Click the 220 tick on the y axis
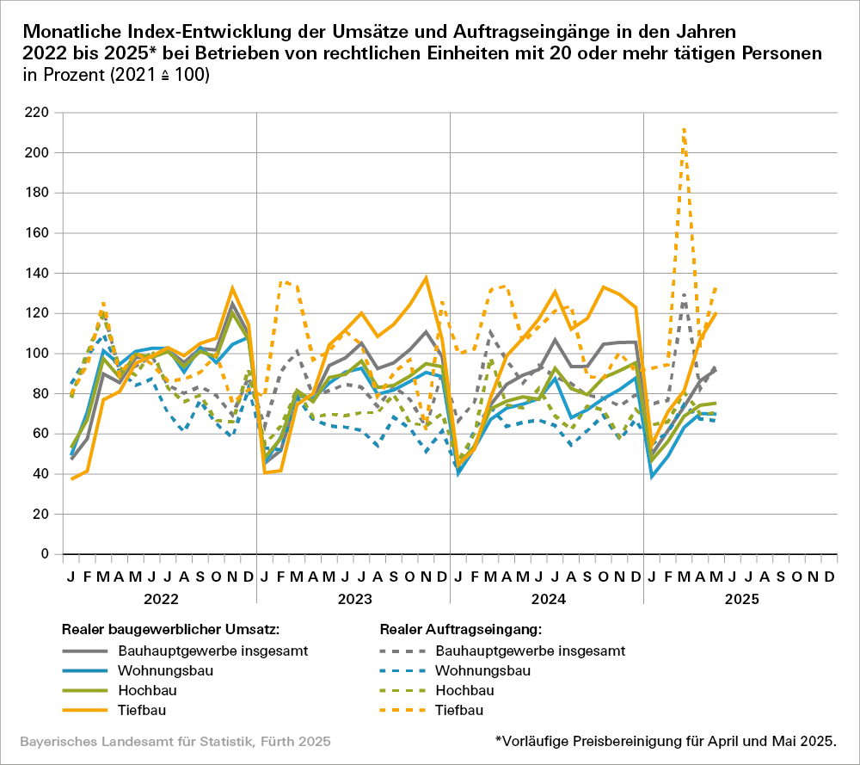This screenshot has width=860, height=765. click(36, 113)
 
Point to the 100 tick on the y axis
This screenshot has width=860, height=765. click(36, 354)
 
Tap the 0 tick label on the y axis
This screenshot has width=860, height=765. click(44, 554)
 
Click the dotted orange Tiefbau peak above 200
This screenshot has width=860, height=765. click(684, 129)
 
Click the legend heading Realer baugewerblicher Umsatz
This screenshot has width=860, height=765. click(170, 629)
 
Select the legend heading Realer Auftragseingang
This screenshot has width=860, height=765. click(461, 629)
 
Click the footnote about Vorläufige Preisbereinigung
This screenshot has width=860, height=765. click(665, 741)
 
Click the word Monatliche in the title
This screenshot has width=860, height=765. click(73, 33)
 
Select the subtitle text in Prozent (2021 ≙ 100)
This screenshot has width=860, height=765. click(116, 75)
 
